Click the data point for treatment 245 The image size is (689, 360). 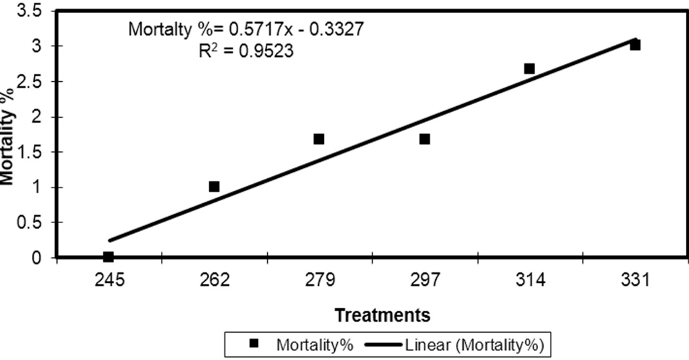[108, 257]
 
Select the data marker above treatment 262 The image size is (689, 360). [214, 186]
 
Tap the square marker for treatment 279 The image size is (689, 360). [319, 139]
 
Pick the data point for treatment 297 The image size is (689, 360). [425, 139]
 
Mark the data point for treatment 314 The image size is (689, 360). [529, 68]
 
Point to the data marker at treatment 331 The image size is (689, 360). [635, 45]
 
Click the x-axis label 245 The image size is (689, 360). [109, 279]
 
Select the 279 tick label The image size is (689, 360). [319, 279]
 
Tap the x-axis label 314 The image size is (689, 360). [530, 279]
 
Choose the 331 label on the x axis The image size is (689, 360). [635, 279]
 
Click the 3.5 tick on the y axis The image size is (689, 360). [29, 11]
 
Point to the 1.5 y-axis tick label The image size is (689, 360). [29, 152]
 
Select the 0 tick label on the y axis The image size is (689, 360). [37, 257]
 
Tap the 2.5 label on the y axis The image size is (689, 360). [29, 82]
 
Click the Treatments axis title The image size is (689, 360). [383, 315]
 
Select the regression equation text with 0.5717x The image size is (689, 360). [246, 29]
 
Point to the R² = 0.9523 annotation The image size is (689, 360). [246, 51]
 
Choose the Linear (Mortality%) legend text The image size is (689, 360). [475, 345]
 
